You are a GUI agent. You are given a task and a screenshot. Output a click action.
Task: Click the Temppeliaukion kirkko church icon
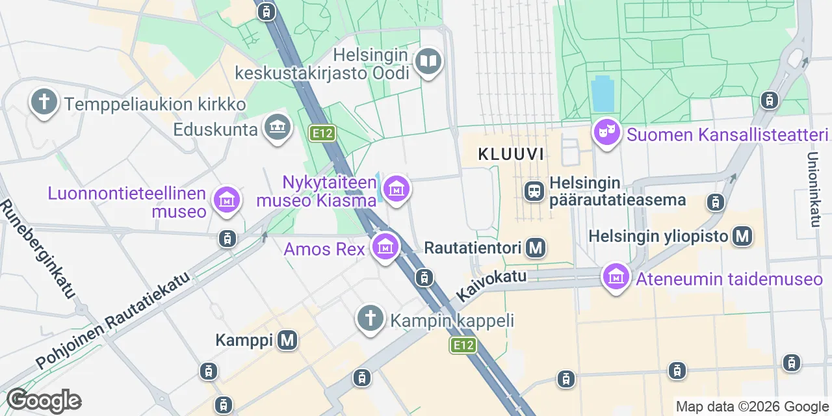44,103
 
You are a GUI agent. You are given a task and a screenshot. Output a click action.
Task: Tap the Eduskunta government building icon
278,126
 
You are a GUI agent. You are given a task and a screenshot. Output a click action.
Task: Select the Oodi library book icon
428,62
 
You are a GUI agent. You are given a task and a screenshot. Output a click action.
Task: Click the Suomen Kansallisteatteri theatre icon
606,133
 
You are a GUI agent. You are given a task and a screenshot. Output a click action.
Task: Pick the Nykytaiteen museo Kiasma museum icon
396,189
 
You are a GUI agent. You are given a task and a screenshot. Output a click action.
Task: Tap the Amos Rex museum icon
385,247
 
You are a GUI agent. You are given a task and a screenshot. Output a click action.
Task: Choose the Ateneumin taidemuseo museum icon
616,278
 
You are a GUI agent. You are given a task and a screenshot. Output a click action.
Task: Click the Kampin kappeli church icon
370,319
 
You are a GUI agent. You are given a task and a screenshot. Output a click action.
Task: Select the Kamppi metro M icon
287,339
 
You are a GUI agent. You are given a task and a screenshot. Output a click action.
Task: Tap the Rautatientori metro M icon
536,247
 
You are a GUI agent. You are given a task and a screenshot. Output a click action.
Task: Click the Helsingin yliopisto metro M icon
742,236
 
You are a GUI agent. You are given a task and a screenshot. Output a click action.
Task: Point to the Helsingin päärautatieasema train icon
534,191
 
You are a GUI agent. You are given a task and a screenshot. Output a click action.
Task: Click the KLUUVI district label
510,154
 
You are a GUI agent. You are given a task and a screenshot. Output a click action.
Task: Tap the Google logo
44,400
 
